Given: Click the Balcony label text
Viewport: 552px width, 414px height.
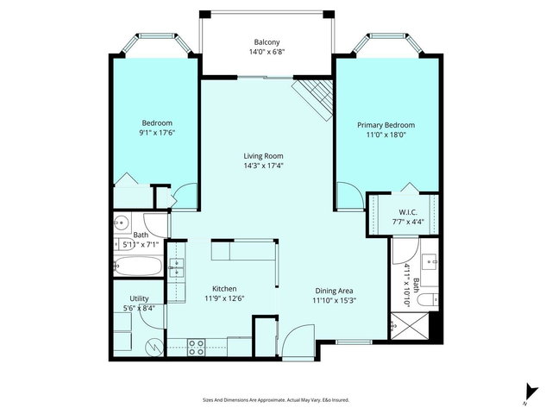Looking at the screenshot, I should click(267, 42).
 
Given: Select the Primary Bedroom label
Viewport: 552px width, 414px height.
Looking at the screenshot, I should click(386, 125).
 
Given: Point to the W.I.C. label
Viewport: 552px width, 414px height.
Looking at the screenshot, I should click(408, 212).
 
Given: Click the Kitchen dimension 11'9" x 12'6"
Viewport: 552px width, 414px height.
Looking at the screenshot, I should click(224, 299).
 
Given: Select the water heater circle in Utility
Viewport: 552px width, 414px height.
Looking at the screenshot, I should click(154, 347).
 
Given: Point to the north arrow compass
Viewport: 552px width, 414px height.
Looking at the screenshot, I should click(526, 392).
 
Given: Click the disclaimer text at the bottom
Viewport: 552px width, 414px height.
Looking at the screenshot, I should click(276, 400).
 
